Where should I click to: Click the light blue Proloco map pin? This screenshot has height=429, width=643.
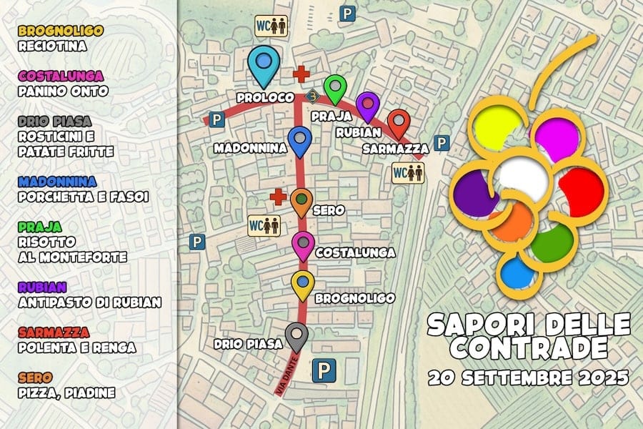263,63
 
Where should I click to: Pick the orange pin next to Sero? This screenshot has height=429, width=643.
301,201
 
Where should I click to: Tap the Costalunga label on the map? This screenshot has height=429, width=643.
346,252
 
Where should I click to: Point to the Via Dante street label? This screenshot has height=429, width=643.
285,377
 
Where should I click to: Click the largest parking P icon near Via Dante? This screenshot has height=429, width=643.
325,370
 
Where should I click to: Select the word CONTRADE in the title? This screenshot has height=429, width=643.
529,348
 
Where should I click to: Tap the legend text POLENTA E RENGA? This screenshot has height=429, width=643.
77,347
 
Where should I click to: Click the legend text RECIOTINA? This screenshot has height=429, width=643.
53,46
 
